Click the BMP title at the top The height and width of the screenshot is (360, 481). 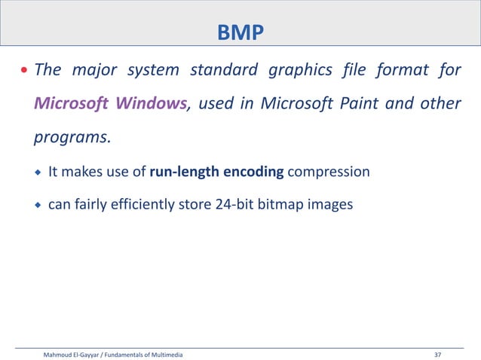[x=240, y=32]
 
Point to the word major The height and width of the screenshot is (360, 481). [x=94, y=72]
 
